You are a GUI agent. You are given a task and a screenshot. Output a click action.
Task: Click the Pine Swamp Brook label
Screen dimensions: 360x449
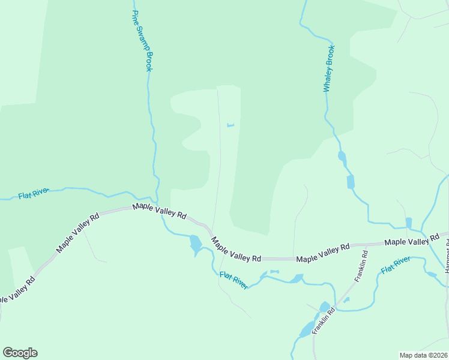(142, 41)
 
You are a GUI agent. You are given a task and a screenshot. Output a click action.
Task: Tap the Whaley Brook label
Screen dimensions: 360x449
(329, 69)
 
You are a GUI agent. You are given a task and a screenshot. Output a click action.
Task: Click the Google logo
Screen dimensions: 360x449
(20, 353)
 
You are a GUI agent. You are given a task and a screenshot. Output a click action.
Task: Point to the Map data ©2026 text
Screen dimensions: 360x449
(424, 355)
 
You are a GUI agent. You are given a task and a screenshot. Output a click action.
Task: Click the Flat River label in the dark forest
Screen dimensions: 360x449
(33, 193)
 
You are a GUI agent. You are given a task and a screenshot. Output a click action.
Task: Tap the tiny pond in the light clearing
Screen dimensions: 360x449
(230, 125)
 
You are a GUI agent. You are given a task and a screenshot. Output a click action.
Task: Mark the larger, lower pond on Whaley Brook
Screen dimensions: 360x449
(351, 182)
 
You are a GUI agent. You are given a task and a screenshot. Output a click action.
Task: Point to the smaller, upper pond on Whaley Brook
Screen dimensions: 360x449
(342, 157)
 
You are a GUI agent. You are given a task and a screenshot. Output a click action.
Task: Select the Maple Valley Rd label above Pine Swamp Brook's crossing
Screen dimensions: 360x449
(159, 212)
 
